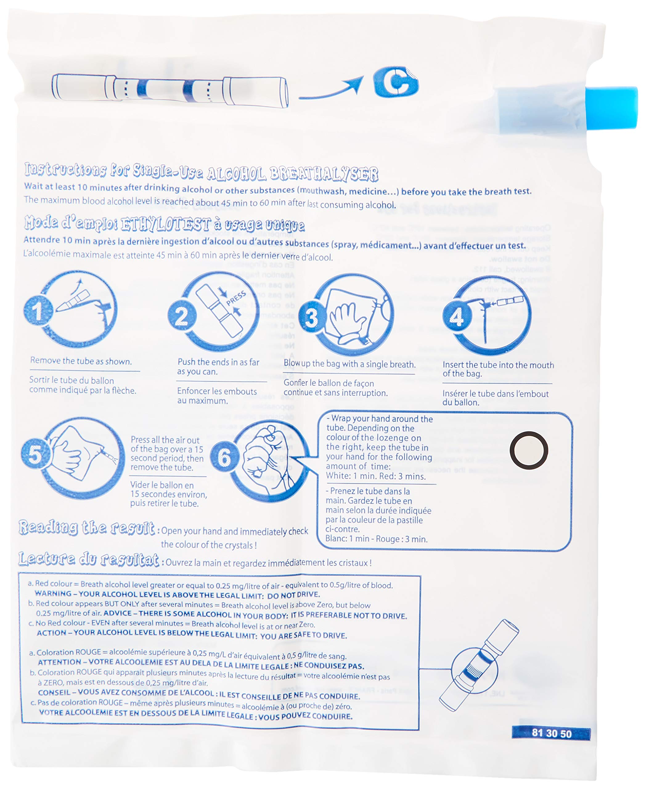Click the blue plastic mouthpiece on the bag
611,108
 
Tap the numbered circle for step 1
38,310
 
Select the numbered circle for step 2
182,316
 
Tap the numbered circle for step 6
224,457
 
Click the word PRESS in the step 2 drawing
236,298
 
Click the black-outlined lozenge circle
529,450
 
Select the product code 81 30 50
551,733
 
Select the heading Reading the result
87,528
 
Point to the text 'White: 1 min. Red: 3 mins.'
376,476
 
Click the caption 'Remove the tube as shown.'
81,361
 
